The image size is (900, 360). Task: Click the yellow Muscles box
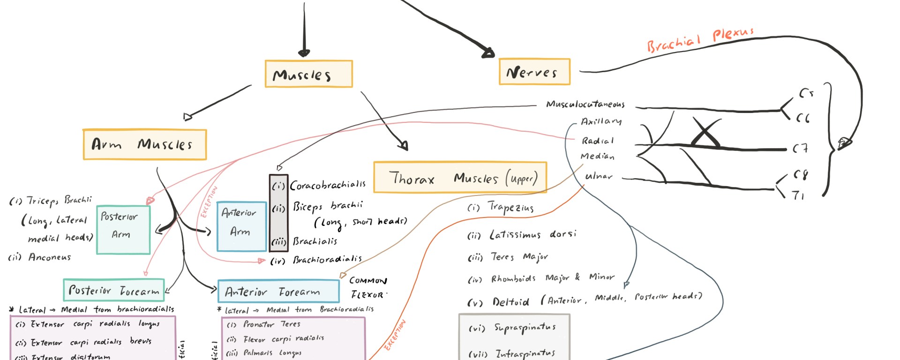(x=308, y=74)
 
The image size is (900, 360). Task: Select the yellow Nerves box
(x=534, y=72)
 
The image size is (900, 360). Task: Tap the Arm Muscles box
(x=144, y=144)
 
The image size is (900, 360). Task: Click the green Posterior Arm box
(x=123, y=230)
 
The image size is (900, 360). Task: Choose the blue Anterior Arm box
(x=241, y=226)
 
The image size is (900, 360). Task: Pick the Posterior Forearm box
(x=114, y=290)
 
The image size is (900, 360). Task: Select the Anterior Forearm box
(x=278, y=292)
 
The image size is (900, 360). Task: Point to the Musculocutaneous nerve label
(x=585, y=104)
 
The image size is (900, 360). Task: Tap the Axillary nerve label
(x=601, y=121)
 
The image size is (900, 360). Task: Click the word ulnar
(x=599, y=176)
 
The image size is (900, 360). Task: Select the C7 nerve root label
(x=800, y=149)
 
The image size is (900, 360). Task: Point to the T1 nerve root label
(x=798, y=195)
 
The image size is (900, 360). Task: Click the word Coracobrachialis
(x=328, y=185)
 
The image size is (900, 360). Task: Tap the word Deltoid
(x=510, y=302)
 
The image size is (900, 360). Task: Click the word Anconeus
(x=49, y=257)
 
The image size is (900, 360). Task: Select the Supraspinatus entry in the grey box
(x=525, y=328)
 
